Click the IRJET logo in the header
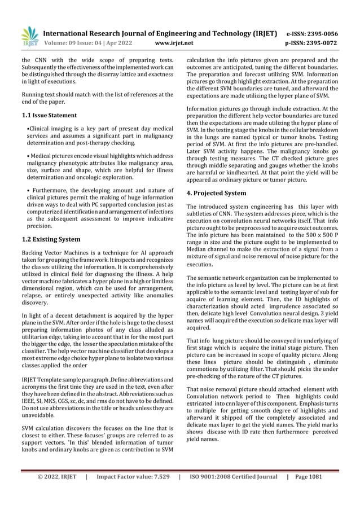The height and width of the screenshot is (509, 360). click(x=30, y=36)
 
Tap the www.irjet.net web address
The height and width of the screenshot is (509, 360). click(x=174, y=43)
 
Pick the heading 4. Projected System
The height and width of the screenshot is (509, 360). click(x=216, y=193)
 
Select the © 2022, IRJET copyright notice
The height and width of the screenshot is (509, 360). click(x=57, y=492)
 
